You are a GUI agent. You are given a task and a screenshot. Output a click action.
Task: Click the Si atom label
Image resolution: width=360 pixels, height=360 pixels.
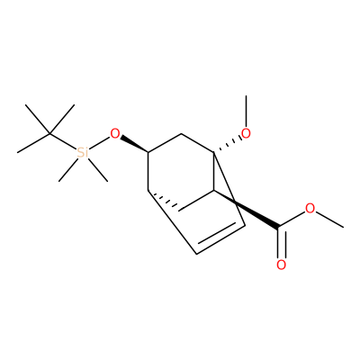coord(83,153)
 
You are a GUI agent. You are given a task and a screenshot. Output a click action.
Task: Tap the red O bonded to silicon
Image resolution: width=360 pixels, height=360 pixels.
coord(115,133)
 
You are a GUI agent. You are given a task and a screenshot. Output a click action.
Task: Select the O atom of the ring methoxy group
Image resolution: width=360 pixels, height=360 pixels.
coord(246,133)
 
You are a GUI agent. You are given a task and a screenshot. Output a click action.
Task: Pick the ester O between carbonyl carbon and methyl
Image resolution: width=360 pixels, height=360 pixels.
coord(310,208)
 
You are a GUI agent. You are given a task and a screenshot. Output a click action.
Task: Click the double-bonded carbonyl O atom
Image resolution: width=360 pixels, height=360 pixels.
coord(281,265)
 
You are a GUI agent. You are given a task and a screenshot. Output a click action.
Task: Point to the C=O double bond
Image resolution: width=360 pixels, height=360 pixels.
coord(281,243)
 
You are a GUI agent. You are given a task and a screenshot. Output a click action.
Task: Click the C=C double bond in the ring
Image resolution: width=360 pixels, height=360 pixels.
coord(221,239)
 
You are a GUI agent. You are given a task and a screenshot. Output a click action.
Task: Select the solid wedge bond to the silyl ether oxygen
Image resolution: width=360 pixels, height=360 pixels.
coord(134,145)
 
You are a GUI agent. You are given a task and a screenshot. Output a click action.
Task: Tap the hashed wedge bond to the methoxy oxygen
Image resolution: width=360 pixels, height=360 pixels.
coord(228,145)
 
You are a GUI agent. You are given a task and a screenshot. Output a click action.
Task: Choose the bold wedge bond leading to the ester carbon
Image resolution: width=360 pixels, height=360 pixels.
coord(246,210)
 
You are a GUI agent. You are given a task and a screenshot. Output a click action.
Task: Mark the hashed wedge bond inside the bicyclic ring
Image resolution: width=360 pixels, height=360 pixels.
coord(164,200)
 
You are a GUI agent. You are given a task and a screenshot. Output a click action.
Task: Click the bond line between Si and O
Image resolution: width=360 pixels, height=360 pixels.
coord(98,143)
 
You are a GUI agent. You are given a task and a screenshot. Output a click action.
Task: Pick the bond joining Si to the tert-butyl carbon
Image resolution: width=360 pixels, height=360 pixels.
coord(63,140)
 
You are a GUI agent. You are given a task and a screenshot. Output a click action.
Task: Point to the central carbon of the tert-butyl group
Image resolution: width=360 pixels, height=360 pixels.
coord(49,133)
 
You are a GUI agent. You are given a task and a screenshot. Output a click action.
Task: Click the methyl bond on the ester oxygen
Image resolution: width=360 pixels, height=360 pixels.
coord(329,220)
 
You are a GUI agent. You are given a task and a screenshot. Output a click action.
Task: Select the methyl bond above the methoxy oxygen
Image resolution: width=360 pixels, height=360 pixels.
coord(247,112)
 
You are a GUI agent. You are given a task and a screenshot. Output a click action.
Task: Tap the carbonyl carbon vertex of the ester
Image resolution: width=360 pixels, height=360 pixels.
coord(278,228)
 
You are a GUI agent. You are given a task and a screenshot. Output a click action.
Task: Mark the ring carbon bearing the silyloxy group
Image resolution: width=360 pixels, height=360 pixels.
coord(148,153)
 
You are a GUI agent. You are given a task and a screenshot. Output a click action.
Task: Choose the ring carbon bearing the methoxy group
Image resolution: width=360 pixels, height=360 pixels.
coord(213,153)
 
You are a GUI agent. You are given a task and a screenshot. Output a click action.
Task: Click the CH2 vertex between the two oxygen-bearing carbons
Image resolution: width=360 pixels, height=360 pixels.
coord(181,133)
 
